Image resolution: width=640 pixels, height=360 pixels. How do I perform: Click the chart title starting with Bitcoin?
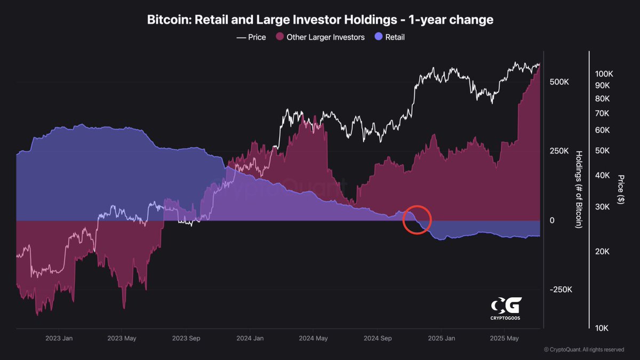[x=320, y=20]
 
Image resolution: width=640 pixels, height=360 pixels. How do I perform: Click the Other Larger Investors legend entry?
[x=320, y=37]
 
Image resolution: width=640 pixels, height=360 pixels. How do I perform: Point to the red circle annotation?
[x=417, y=220]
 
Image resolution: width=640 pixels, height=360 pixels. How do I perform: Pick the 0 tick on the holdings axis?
[x=551, y=220]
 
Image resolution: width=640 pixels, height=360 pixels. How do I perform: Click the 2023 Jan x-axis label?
[x=59, y=339]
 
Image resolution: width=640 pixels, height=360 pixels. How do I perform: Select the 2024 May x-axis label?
[x=314, y=339]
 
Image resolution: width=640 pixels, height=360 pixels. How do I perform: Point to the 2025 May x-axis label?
[x=505, y=339]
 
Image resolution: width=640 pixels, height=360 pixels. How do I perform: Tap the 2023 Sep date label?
[x=187, y=339]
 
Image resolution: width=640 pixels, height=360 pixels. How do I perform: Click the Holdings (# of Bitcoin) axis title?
[x=579, y=189]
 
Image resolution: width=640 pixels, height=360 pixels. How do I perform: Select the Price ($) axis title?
[x=620, y=189]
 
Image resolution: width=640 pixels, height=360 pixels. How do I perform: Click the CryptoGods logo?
[x=506, y=309]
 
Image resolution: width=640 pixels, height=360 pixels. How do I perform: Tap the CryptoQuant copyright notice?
[x=583, y=350]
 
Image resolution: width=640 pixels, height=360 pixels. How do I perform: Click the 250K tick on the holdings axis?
[x=559, y=151]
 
